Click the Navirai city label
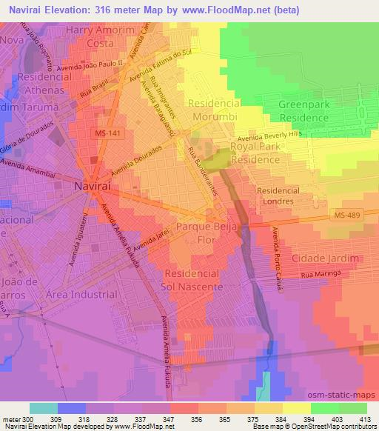[x=93, y=188]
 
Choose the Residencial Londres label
[x=275, y=196]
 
